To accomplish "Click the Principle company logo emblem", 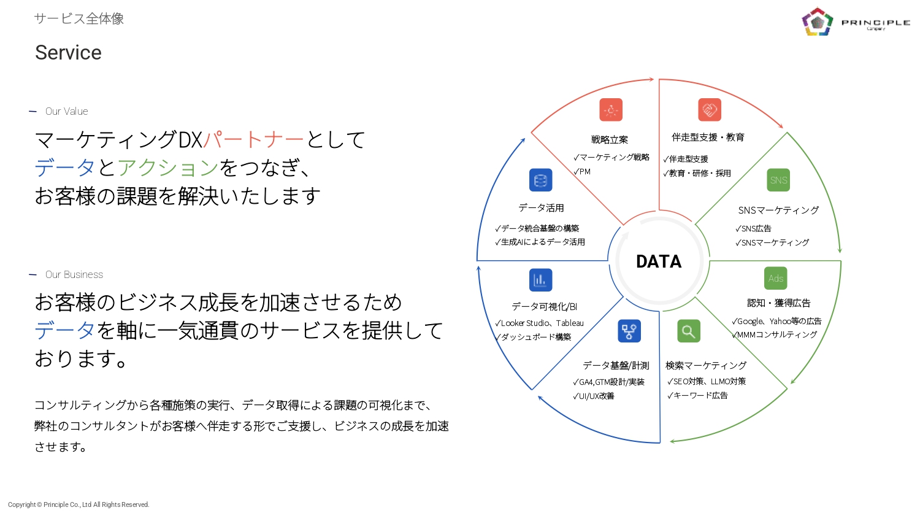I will (817, 22).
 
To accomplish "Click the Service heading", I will (68, 53).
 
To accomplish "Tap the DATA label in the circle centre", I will (659, 261).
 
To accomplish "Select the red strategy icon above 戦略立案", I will (611, 110).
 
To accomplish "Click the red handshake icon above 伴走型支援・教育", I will (710, 110).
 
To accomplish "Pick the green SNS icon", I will (778, 180).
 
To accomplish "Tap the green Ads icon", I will (776, 279).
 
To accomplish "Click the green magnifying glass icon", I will (689, 331).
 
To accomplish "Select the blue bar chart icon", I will (540, 280).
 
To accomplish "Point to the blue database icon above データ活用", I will (540, 180).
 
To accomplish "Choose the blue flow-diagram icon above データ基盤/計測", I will (629, 331).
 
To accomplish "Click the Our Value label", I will (66, 111).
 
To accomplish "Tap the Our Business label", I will (74, 274).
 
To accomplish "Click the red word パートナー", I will (253, 140).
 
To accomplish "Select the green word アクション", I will (168, 168).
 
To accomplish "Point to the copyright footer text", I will (79, 504).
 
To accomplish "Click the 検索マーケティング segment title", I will (706, 365).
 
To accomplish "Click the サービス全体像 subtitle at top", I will (79, 18).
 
